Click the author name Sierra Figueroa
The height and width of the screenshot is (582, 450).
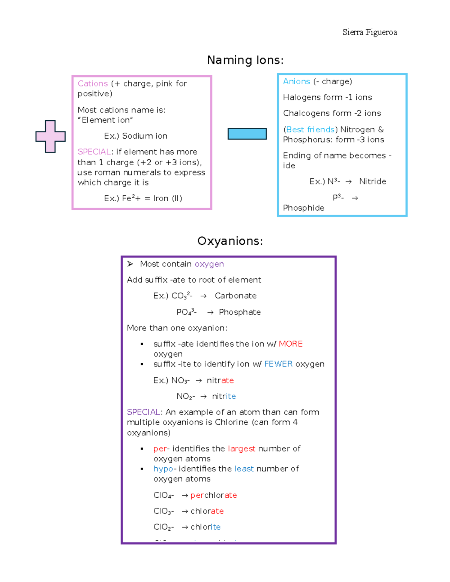[369, 32]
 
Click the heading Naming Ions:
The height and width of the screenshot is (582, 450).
[245, 60]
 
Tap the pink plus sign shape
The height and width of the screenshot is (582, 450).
[51, 136]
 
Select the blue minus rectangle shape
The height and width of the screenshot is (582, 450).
[247, 134]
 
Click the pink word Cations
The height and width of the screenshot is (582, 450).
[93, 84]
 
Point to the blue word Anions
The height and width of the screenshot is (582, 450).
[296, 81]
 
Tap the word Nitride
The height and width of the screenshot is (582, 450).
[372, 181]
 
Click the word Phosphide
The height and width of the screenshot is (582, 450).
[303, 208]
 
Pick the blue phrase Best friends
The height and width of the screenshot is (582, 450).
[310, 130]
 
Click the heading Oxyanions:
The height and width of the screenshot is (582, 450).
[230, 241]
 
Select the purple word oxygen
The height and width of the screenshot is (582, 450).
[209, 264]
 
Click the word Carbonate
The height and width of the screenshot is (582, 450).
[235, 296]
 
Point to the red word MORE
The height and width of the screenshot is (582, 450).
[291, 344]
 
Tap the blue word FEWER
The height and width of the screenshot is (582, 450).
[278, 364]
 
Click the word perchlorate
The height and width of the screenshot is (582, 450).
[213, 495]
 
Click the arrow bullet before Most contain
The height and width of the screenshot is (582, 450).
[130, 264]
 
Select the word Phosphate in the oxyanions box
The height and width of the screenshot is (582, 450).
[240, 312]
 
